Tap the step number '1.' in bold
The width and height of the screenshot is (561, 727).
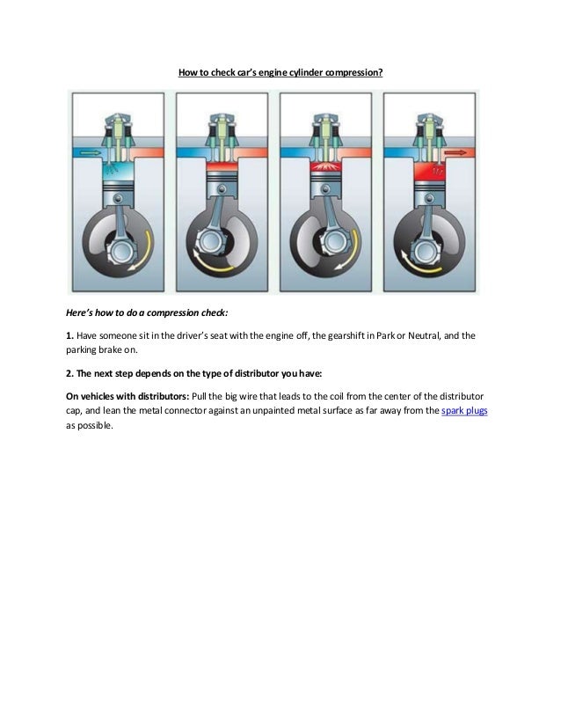click(x=71, y=335)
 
